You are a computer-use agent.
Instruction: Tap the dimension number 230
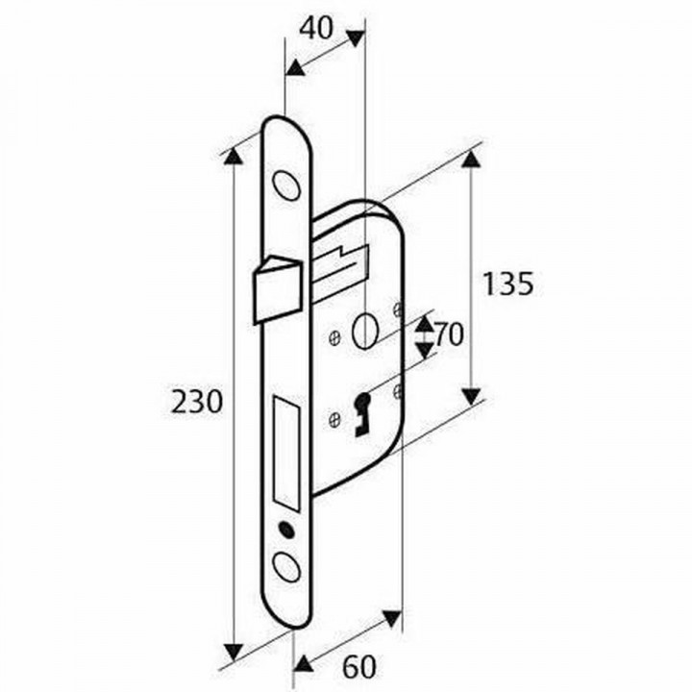pyautogui.click(x=197, y=401)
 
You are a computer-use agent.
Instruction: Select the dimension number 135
pyautogui.click(x=507, y=284)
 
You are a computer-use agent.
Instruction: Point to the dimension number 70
pyautogui.click(x=449, y=335)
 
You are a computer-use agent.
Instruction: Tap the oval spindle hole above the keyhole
pyautogui.click(x=363, y=332)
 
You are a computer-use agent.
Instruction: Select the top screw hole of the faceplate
pyautogui.click(x=285, y=185)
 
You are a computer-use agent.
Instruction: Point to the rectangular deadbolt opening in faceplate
pyautogui.click(x=287, y=452)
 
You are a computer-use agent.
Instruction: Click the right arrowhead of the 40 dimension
pyautogui.click(x=355, y=38)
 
